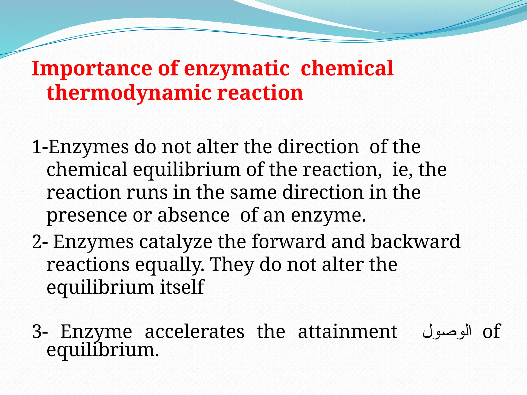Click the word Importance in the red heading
(x=92, y=69)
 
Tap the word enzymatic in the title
(x=237, y=69)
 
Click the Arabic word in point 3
(x=447, y=332)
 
